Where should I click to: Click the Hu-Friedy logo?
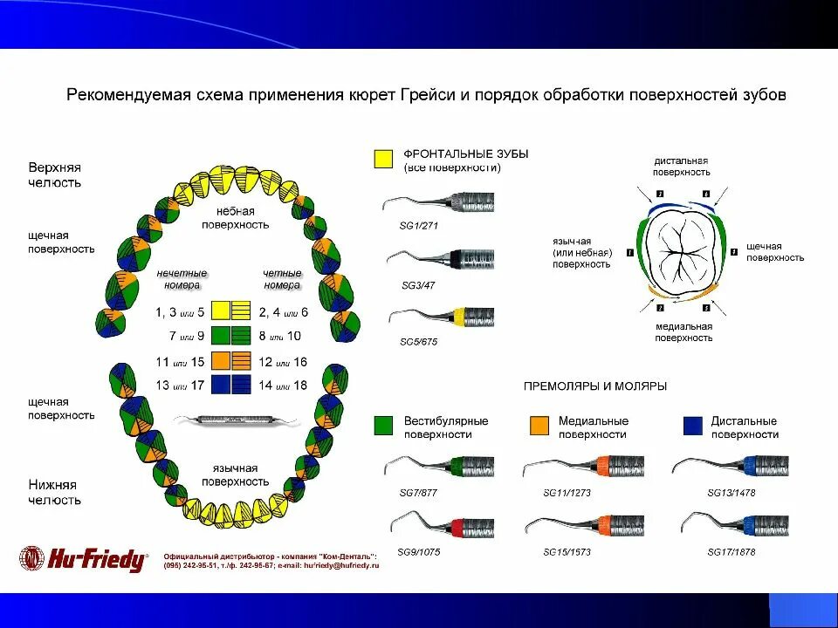click(x=84, y=558)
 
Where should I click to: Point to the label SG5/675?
click(x=417, y=342)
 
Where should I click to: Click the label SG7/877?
click(x=416, y=492)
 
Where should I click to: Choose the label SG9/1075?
click(x=418, y=552)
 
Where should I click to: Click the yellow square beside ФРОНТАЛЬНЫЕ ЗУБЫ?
click(x=382, y=159)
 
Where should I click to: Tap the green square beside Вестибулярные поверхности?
click(x=381, y=425)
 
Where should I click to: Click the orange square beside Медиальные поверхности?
click(x=539, y=425)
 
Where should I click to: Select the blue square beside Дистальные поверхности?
click(x=692, y=425)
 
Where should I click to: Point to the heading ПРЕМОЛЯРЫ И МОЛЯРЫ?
click(x=594, y=386)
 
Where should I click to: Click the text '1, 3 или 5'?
click(x=180, y=311)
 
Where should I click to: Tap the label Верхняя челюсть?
click(x=54, y=174)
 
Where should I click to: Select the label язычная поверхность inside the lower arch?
click(x=235, y=474)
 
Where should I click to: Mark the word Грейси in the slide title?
click(x=428, y=94)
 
